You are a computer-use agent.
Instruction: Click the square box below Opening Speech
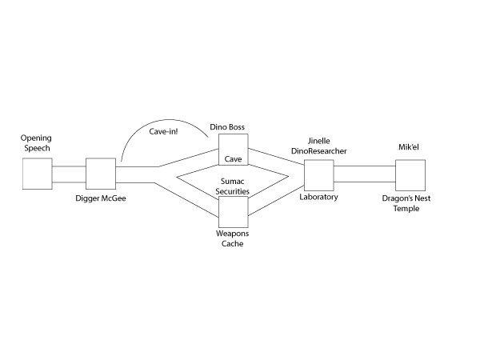(37, 174)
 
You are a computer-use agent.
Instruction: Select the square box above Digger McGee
(101, 174)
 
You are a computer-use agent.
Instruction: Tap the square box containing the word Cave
(233, 150)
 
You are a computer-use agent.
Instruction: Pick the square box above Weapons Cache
(233, 210)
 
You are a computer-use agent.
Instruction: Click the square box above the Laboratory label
(318, 174)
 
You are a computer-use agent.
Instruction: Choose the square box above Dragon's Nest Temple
(409, 174)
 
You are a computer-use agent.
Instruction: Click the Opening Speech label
(36, 143)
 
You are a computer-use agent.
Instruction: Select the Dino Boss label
(226, 126)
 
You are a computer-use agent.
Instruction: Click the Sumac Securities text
(234, 187)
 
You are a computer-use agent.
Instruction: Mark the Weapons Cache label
(232, 238)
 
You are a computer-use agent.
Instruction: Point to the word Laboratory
(318, 197)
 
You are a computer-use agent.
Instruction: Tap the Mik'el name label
(410, 147)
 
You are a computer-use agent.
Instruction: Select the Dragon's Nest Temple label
(410, 203)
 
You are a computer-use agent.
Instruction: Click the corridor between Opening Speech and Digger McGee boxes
(69, 174)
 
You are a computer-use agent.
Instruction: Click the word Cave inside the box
(233, 158)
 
